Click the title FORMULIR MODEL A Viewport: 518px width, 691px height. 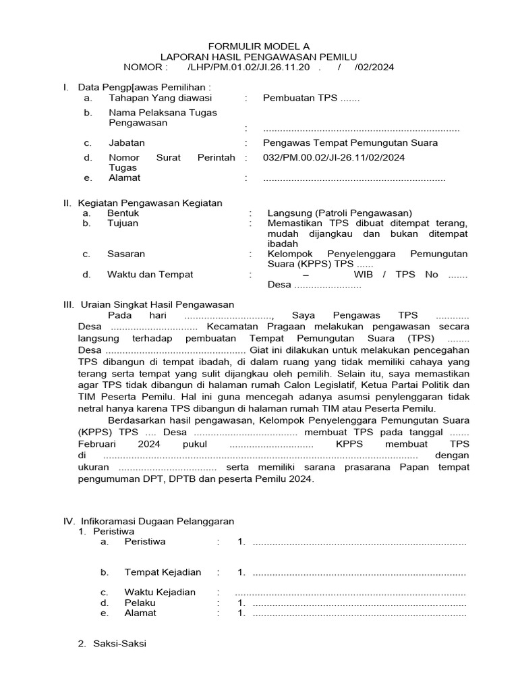(x=259, y=46)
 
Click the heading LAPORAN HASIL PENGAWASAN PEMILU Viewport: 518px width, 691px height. (x=259, y=57)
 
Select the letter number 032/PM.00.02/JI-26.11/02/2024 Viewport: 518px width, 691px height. (x=334, y=157)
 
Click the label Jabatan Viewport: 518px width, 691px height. (x=127, y=142)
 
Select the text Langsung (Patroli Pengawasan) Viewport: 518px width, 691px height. (x=339, y=213)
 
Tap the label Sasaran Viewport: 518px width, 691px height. (x=126, y=254)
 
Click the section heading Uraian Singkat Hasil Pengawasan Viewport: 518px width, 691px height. (x=157, y=304)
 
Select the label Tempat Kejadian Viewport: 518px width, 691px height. (x=163, y=572)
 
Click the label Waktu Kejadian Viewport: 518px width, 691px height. (x=160, y=592)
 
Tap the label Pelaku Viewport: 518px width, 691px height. (x=140, y=603)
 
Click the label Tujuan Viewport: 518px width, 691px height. (x=123, y=223)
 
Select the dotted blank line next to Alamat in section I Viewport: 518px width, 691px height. (x=354, y=178)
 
